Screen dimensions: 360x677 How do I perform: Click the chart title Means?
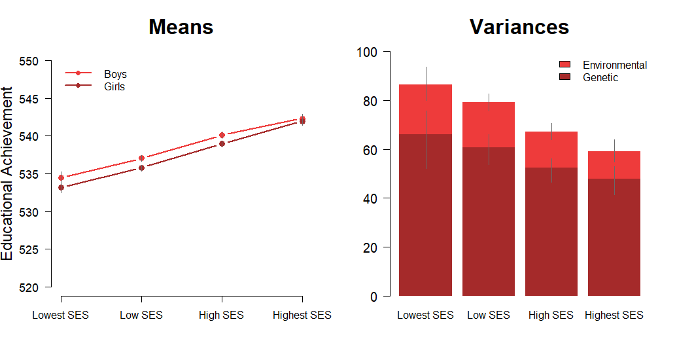181,27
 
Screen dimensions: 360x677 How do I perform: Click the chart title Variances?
519,27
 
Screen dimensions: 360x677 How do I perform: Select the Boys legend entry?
115,74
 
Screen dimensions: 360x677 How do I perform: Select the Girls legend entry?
114,86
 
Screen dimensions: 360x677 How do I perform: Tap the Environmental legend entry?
614,65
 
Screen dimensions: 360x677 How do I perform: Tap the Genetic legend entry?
600,77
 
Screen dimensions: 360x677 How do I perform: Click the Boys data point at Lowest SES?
61,177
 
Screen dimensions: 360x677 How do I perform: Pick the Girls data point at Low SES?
141,168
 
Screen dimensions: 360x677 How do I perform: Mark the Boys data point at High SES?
222,135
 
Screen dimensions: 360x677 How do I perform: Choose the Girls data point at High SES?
222,144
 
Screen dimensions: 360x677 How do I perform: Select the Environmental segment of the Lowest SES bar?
425,109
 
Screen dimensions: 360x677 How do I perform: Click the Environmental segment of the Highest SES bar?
614,165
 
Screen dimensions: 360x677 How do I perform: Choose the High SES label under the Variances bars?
551,315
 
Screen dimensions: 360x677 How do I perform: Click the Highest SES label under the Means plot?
302,315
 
